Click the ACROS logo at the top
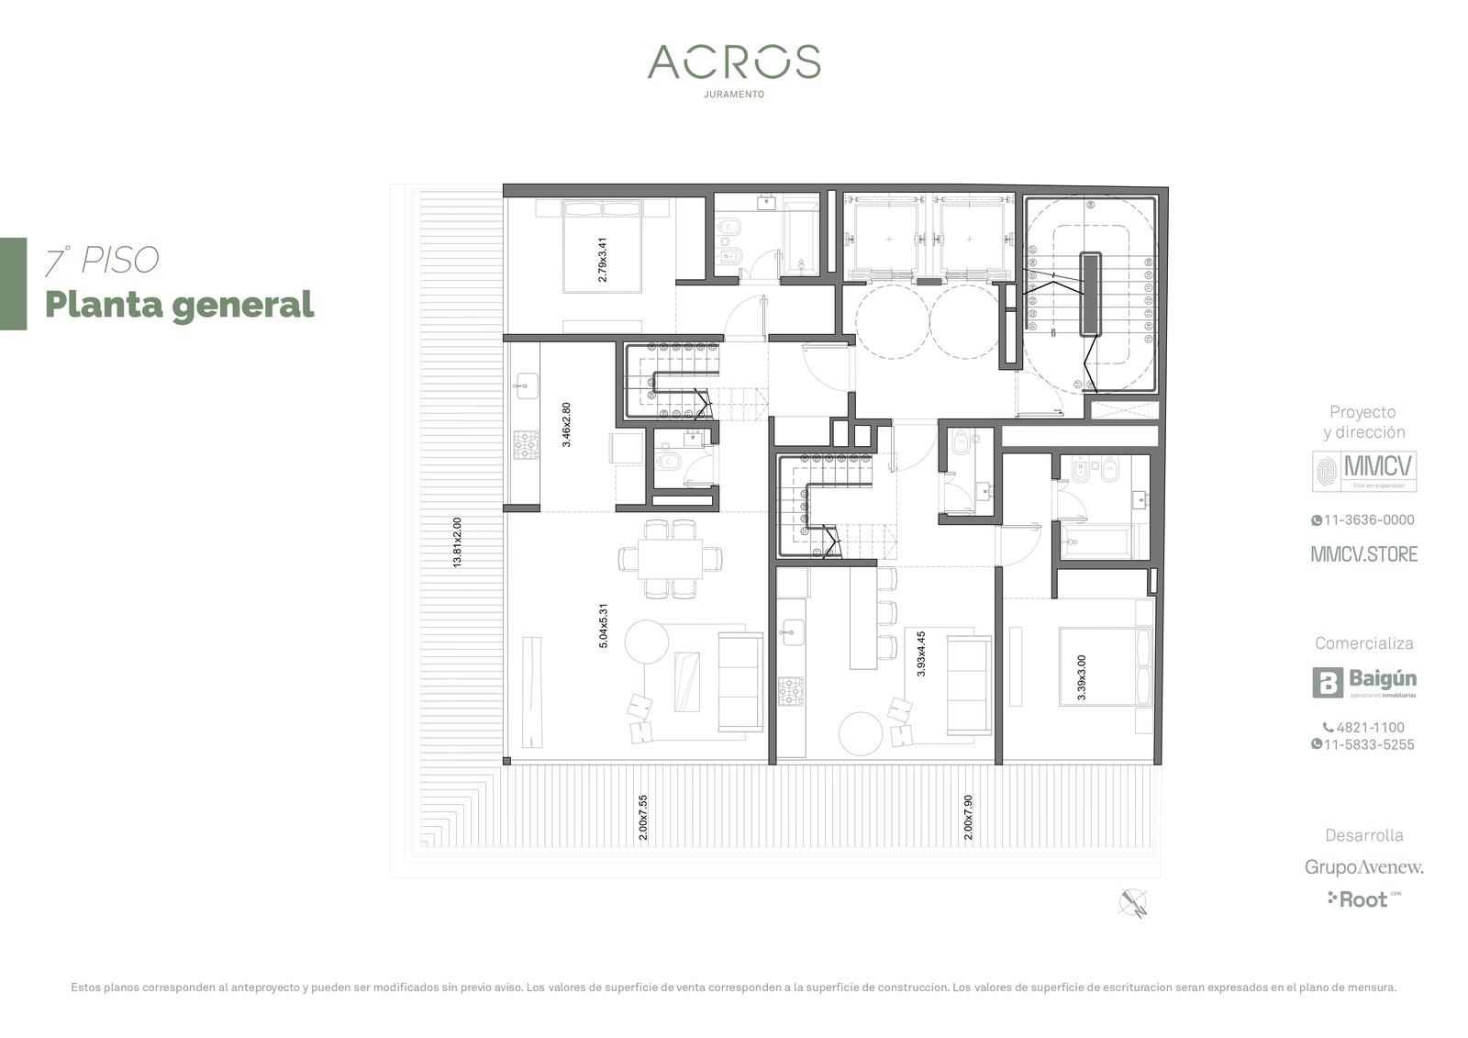[734, 61]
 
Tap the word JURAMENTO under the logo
[734, 95]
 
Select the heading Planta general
[180, 306]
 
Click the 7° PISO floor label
[102, 261]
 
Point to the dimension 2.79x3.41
[602, 260]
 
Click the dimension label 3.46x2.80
[566, 425]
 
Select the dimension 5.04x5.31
[603, 626]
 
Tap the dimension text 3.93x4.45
[921, 653]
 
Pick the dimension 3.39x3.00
[1082, 677]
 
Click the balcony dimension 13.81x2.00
[457, 542]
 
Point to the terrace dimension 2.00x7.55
[643, 818]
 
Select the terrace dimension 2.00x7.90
[968, 818]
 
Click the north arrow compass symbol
[1133, 903]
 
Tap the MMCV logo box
[1363, 471]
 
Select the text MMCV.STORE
[1363, 554]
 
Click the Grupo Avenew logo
[1363, 867]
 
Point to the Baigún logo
[1363, 683]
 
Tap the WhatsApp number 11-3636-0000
[1363, 520]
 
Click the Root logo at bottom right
[1363, 899]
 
